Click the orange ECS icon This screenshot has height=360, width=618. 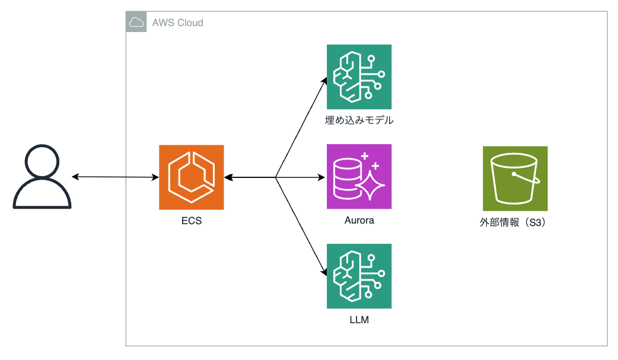tap(192, 177)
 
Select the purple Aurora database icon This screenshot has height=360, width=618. tap(359, 177)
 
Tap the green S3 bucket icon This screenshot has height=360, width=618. tap(515, 179)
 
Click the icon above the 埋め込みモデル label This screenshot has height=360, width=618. tap(359, 77)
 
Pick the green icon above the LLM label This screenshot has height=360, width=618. tap(359, 276)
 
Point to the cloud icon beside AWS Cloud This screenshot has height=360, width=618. tap(136, 23)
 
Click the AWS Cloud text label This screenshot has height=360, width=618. tap(177, 23)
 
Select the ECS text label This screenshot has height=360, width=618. tap(191, 221)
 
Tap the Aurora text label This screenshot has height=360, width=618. tap(359, 221)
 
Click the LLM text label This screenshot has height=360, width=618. tap(359, 320)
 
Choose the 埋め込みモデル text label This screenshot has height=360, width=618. tap(359, 120)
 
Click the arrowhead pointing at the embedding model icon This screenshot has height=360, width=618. tap(324, 79)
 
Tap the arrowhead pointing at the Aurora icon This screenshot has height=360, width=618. tap(323, 177)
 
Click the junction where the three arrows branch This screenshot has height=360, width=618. tap(276, 177)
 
